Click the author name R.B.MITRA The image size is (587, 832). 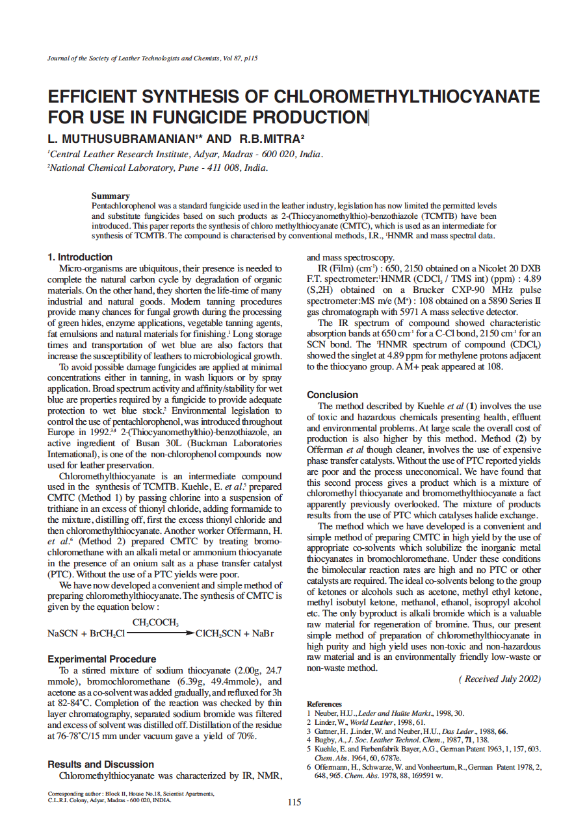268,139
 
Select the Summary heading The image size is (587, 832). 111,195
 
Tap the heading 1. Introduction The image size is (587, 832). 80,257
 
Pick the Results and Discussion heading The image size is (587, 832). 101,764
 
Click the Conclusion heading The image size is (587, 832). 332,395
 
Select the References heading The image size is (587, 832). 324,704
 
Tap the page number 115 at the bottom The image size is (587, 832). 294,803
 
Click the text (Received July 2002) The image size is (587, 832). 499,679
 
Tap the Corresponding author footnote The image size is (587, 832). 131,797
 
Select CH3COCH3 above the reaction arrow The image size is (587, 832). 155,623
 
